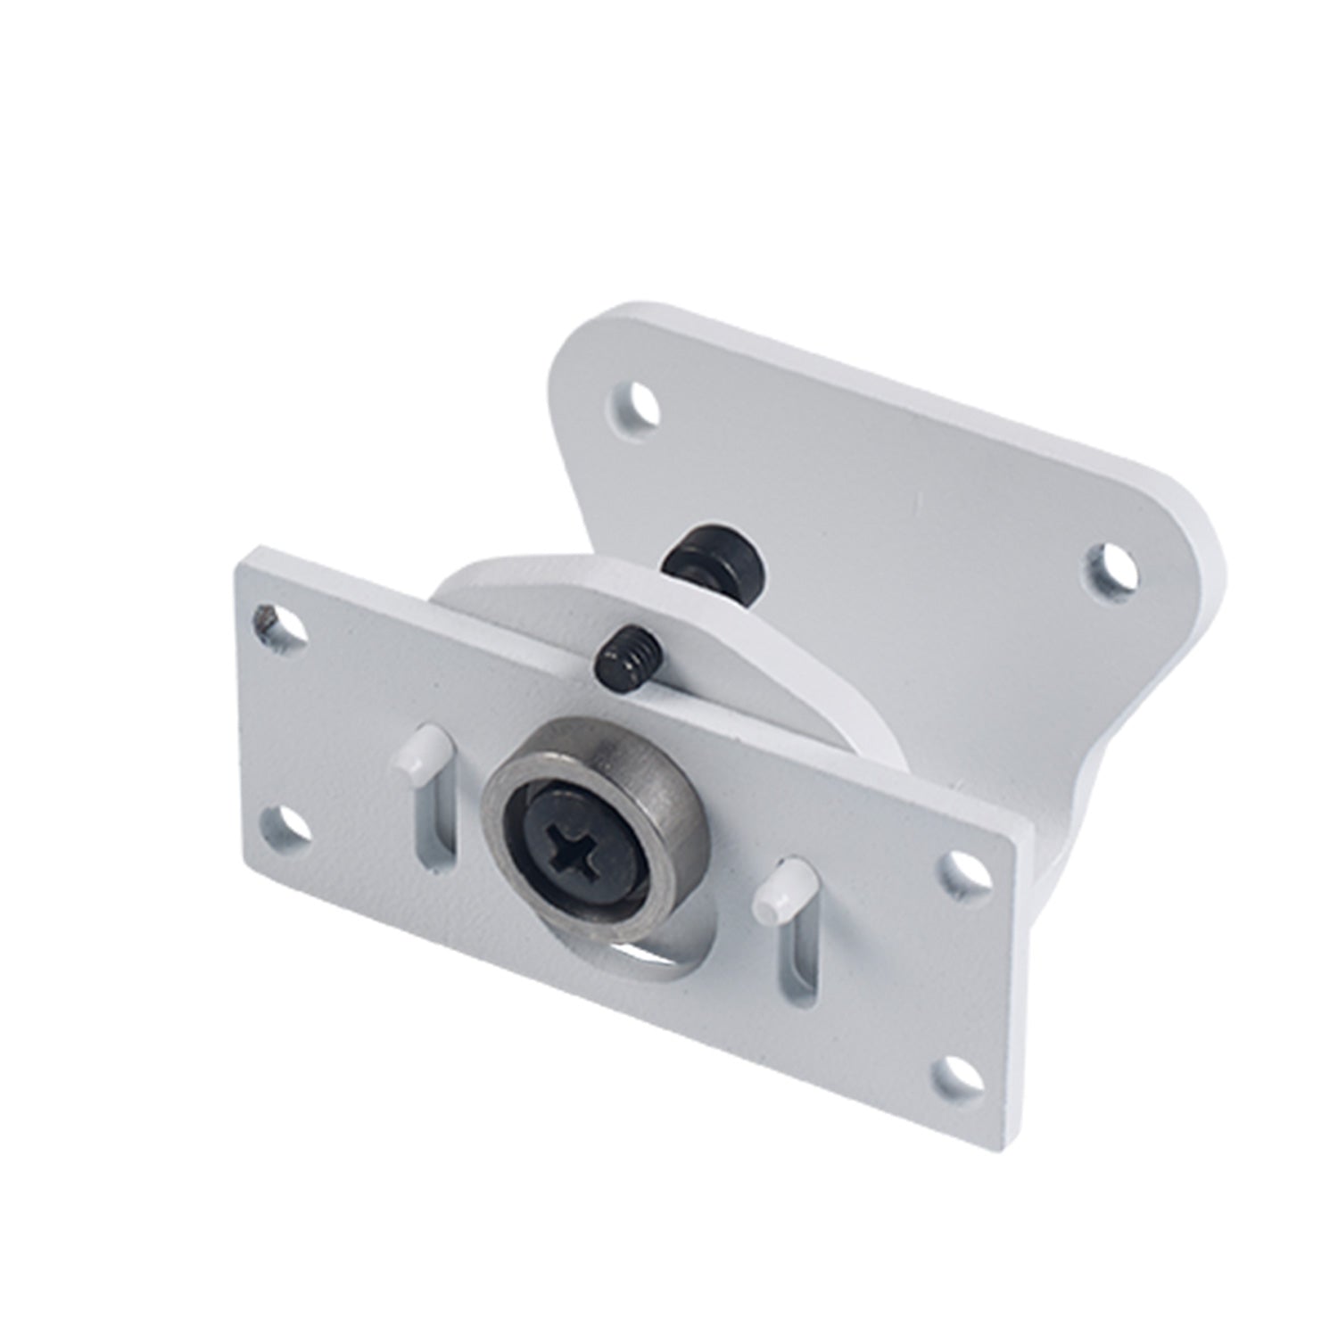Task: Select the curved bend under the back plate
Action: click(1070, 785)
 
